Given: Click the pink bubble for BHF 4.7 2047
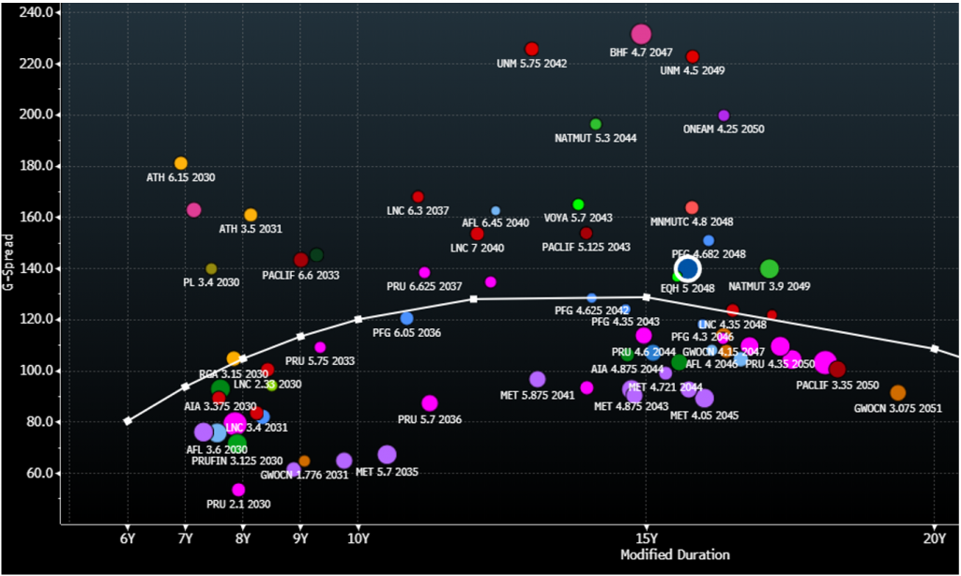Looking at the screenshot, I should pyautogui.click(x=641, y=36).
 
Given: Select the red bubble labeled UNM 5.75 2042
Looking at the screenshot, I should pyautogui.click(x=532, y=50).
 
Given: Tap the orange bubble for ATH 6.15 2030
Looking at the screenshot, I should pyautogui.click(x=181, y=163).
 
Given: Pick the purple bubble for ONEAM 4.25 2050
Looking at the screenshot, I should pyautogui.click(x=724, y=115).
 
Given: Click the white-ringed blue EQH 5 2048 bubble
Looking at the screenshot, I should pyautogui.click(x=688, y=269).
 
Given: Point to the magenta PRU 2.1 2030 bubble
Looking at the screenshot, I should pyautogui.click(x=238, y=490).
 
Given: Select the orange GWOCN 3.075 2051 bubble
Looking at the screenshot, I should pyautogui.click(x=898, y=393).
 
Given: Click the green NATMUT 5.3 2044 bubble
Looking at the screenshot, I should pyautogui.click(x=596, y=124).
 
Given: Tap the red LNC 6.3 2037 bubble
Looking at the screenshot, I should pyautogui.click(x=419, y=197).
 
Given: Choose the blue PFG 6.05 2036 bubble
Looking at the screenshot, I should pyautogui.click(x=406, y=319).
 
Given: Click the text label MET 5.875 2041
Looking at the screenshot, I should pyautogui.click(x=537, y=395).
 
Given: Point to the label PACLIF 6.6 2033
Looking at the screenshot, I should pyautogui.click(x=300, y=276).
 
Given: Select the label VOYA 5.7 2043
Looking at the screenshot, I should pyautogui.click(x=578, y=218).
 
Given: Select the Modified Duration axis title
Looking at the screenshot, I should pyautogui.click(x=675, y=554).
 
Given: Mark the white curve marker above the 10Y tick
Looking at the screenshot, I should pyautogui.click(x=358, y=320).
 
